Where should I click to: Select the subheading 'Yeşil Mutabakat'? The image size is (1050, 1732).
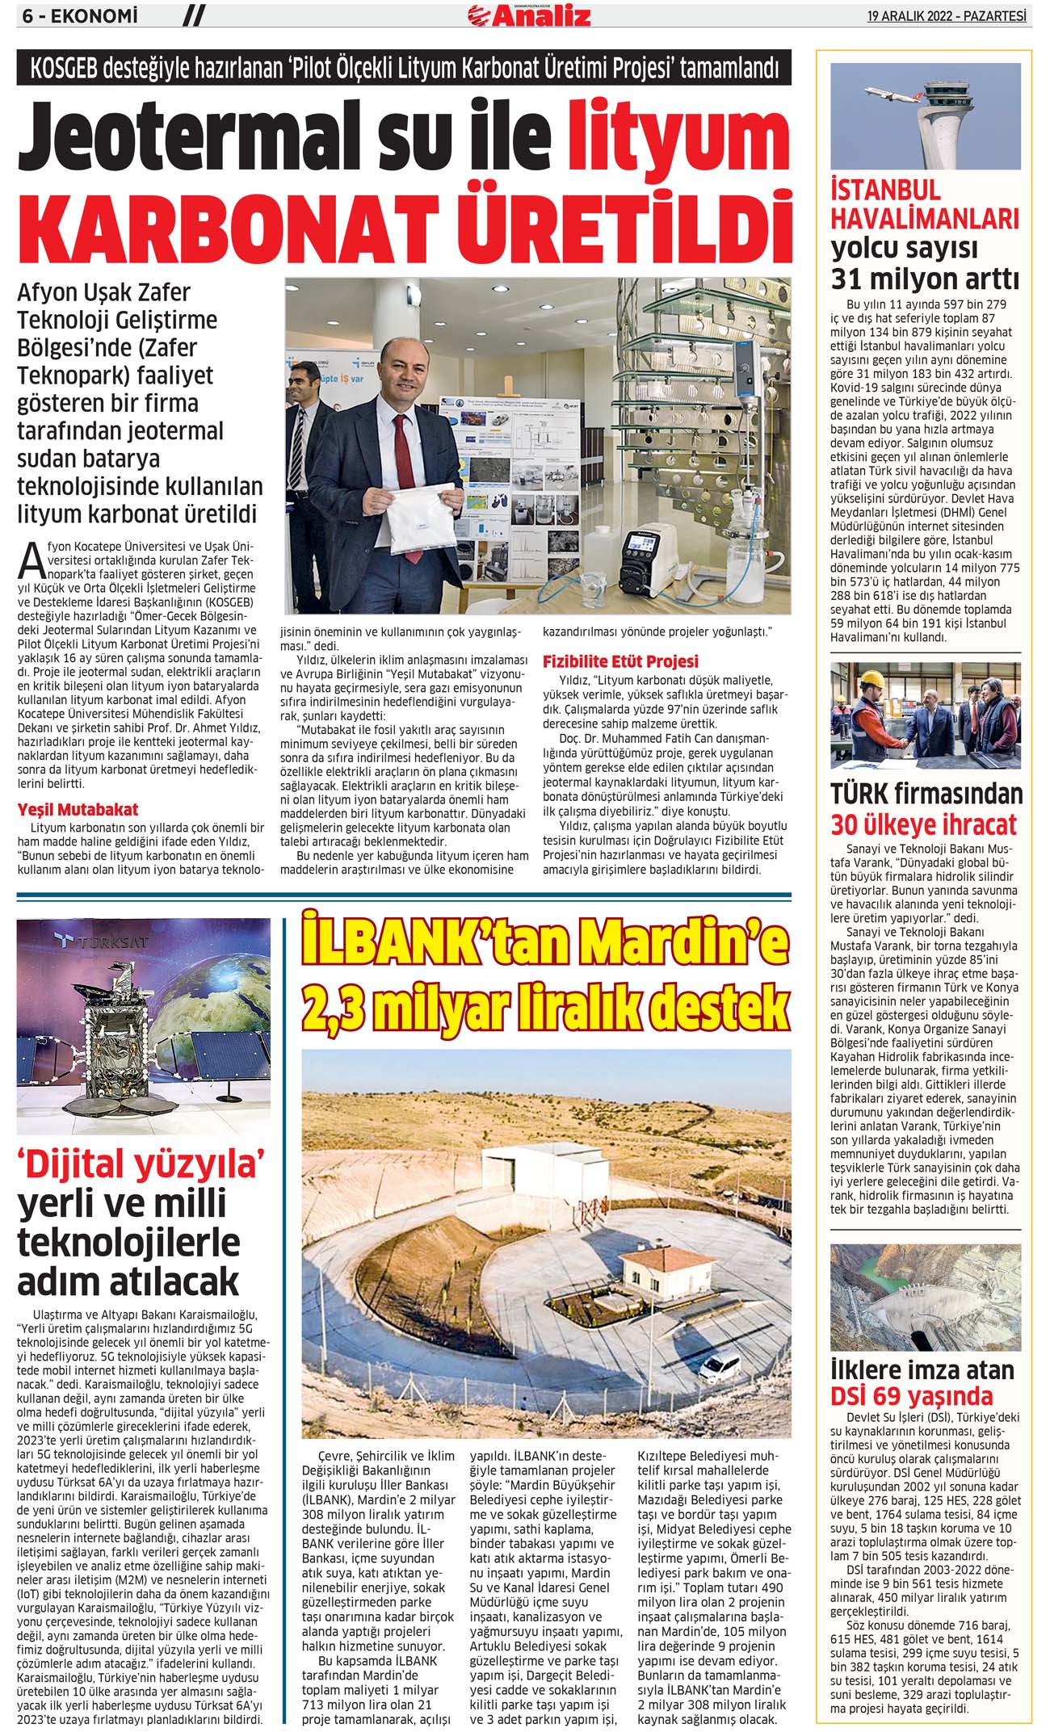click(78, 809)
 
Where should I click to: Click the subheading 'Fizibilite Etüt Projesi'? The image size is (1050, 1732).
click(620, 661)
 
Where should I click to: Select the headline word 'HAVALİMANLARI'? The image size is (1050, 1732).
click(925, 219)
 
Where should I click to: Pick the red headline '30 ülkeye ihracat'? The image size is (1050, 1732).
click(924, 824)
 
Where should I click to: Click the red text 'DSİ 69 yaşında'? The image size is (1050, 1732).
click(912, 1395)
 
